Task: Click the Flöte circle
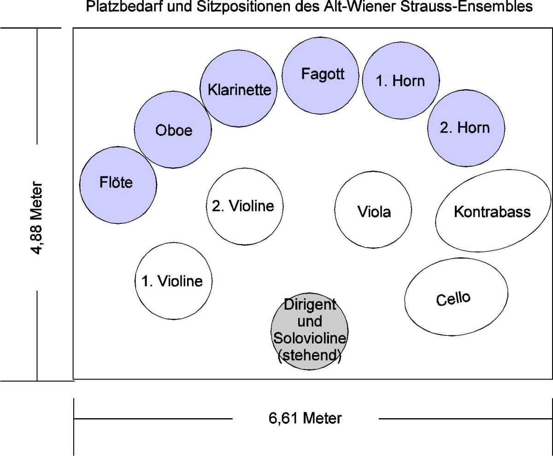tap(116, 185)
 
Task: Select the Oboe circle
tap(173, 130)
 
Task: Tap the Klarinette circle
tap(239, 89)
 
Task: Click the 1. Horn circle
tap(400, 81)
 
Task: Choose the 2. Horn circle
tap(466, 128)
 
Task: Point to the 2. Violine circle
tap(244, 206)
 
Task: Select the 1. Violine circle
tap(172, 281)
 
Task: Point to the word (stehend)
tap(309, 357)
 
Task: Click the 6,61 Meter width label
tap(305, 418)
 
